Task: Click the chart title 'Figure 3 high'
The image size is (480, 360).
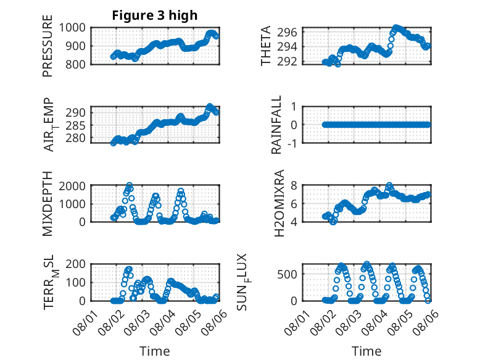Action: (155, 15)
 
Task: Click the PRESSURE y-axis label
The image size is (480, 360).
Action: (48, 46)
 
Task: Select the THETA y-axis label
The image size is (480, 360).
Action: (266, 46)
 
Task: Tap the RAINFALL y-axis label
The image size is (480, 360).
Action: (276, 125)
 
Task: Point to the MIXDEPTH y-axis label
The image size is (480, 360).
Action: (48, 204)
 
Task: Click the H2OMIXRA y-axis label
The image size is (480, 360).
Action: (279, 203)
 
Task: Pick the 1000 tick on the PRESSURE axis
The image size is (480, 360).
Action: (72, 28)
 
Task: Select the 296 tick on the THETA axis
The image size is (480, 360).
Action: (287, 32)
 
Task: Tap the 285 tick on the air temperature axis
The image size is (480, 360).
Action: (75, 125)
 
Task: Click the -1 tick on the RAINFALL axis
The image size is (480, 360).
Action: (292, 143)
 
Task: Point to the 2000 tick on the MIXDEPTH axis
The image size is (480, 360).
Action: (72, 186)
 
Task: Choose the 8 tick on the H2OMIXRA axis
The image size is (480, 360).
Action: (294, 185)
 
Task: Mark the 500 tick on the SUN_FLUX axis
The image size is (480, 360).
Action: (287, 274)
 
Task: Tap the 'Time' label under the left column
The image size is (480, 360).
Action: (155, 351)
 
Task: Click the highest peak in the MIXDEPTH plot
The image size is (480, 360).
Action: (130, 185)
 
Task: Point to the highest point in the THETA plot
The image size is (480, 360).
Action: (396, 28)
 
